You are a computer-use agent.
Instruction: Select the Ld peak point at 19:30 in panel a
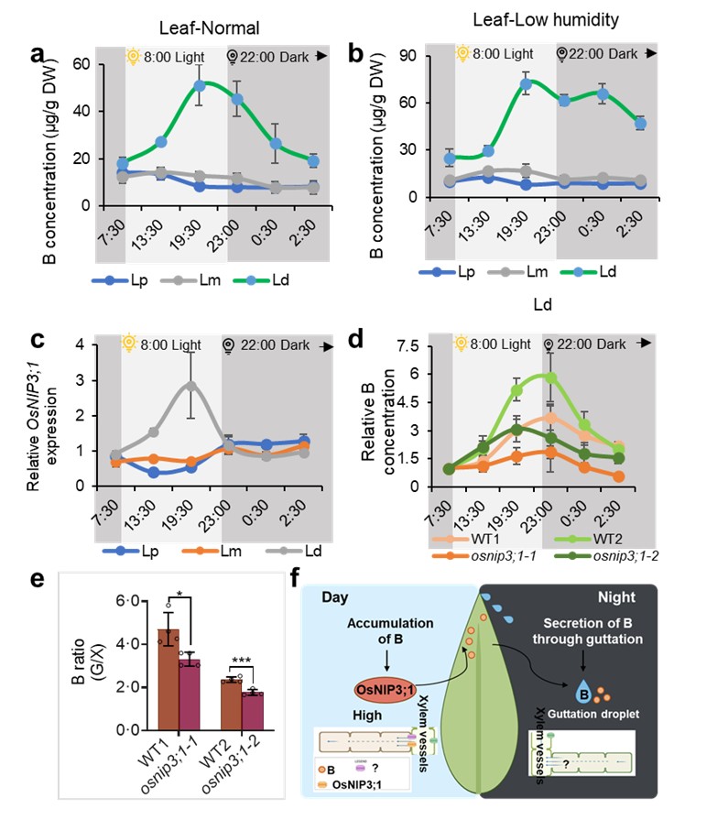[x=199, y=86]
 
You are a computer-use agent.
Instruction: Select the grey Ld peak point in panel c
[x=190, y=386]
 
